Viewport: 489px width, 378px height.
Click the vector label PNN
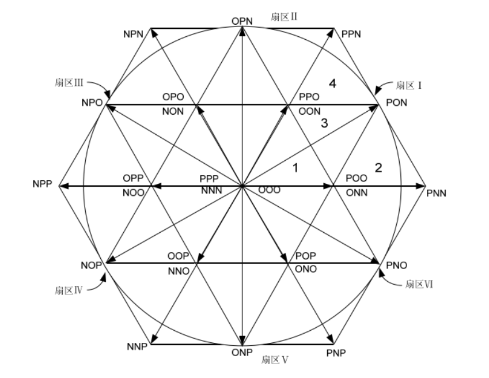pos(437,192)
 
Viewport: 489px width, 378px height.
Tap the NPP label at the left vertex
pos(44,185)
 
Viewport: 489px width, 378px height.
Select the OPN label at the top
pos(242,21)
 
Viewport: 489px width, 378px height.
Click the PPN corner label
pos(351,34)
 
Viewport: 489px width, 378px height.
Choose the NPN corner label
pos(133,34)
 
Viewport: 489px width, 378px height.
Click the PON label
pos(395,103)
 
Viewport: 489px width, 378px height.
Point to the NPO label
pos(92,103)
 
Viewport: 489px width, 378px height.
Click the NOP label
pos(92,265)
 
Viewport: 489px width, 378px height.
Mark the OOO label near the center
pos(269,189)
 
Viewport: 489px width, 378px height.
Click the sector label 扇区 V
pos(275,360)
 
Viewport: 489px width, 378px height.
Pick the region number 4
pos(332,84)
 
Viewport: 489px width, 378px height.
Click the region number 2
pos(378,168)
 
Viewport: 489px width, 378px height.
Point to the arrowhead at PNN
pos(420,186)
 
